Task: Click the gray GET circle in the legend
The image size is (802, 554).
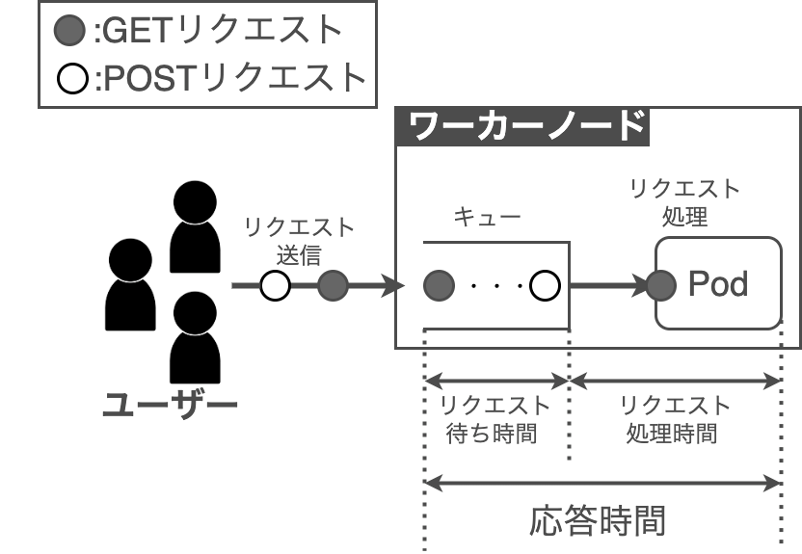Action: pos(69,30)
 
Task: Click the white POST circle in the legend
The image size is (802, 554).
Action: pos(72,79)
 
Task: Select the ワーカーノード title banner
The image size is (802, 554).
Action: pos(522,126)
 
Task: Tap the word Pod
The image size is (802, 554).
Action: pos(718,283)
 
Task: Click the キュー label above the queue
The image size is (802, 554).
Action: pos(487,217)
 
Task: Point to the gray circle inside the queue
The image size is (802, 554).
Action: pos(439,285)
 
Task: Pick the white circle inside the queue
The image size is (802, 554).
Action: pos(545,285)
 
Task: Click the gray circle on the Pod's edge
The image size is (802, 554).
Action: pos(661,285)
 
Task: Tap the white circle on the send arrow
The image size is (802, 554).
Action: pos(275,285)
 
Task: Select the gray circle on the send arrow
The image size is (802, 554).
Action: pos(333,285)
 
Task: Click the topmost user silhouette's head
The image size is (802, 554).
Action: pos(195,202)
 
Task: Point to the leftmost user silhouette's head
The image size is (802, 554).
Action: pos(130,260)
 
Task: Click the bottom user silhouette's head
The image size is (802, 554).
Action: pos(195,313)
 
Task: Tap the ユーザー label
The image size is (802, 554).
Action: pos(170,405)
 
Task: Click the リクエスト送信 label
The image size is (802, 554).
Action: pos(299,241)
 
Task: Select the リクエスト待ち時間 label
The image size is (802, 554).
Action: pos(495,419)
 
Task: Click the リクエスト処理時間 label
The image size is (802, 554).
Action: pos(675,419)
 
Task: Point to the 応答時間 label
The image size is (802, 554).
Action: pos(598,521)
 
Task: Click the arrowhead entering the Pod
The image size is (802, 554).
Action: pos(640,285)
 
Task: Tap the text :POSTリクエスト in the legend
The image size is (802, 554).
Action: pos(230,78)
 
